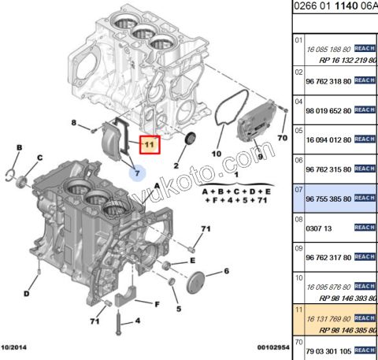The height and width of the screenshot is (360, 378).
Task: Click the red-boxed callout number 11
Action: click(x=149, y=145)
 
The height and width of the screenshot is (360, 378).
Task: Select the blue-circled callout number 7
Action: click(x=135, y=172)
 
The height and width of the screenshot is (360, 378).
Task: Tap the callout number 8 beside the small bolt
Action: click(x=74, y=124)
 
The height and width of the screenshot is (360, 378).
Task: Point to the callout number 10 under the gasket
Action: click(x=217, y=154)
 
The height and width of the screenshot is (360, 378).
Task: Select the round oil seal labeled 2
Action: click(x=189, y=143)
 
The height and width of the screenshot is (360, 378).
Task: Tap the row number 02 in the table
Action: click(x=298, y=70)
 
